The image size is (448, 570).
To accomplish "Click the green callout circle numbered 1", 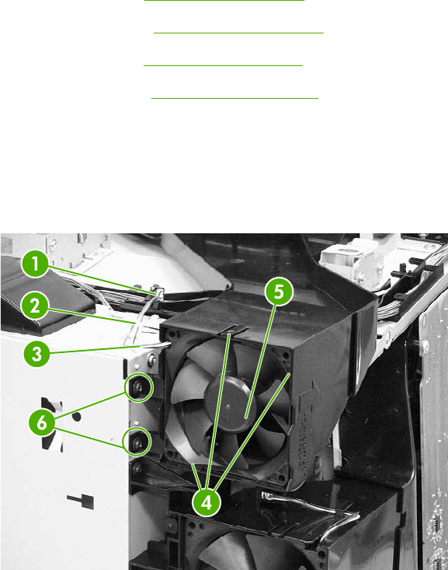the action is click(35, 264).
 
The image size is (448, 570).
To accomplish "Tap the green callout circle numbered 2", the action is click(35, 306).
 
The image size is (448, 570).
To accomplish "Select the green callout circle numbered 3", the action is click(37, 354).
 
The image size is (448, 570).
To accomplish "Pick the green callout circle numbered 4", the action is click(207, 503).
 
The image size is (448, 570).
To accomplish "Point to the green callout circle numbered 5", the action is click(279, 292).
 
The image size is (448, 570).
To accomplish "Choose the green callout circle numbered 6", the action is click(42, 422).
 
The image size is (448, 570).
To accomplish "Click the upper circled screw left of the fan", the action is click(139, 387).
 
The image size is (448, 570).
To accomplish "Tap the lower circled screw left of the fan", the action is click(137, 442).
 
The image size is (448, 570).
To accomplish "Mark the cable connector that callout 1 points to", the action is click(158, 291).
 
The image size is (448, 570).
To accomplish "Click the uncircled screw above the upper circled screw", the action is click(151, 361).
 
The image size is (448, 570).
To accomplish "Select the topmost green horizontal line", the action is click(224, 0).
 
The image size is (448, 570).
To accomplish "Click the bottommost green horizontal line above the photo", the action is click(234, 98).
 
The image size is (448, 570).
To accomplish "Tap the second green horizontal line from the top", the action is click(238, 33).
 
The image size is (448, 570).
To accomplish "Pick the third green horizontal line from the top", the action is click(223, 65).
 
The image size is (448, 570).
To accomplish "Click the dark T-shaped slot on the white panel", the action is click(82, 500).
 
